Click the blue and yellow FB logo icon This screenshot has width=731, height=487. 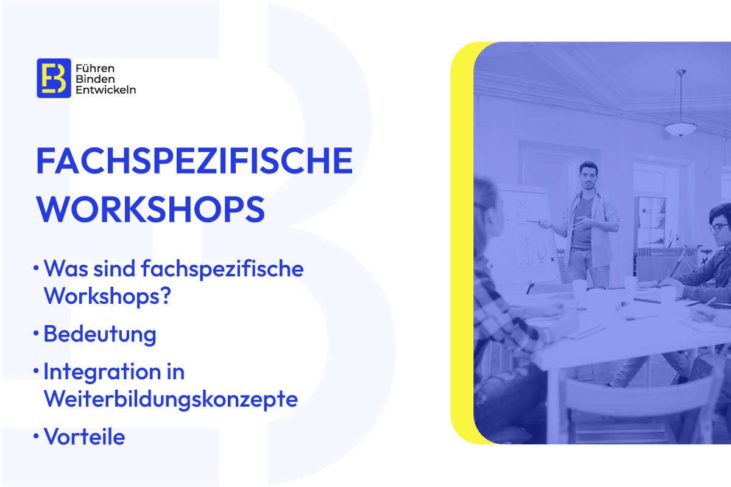(x=54, y=79)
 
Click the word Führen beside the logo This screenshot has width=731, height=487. (x=95, y=69)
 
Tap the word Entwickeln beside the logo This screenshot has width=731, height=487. (x=106, y=89)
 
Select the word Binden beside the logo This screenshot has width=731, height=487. (x=95, y=79)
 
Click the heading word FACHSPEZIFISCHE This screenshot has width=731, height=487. (x=194, y=161)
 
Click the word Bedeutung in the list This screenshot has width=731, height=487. (x=100, y=334)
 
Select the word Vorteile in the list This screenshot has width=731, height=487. (x=85, y=436)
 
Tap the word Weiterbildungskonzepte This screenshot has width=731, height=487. (x=171, y=399)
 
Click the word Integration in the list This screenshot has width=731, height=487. (x=102, y=371)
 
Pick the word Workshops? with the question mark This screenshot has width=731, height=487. (x=107, y=295)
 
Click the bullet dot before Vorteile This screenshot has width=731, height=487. (x=36, y=436)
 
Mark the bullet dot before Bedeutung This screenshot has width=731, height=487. (x=36, y=334)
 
